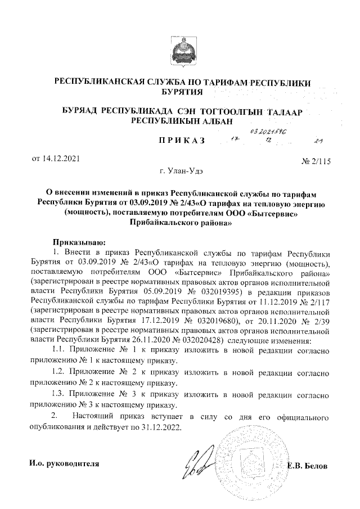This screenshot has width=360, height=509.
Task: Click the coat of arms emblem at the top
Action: pyautogui.click(x=181, y=52)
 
